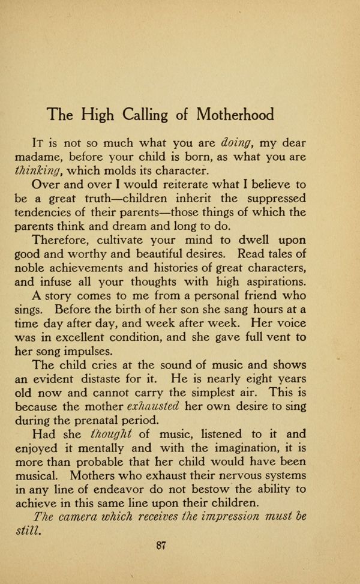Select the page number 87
(x=160, y=546)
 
